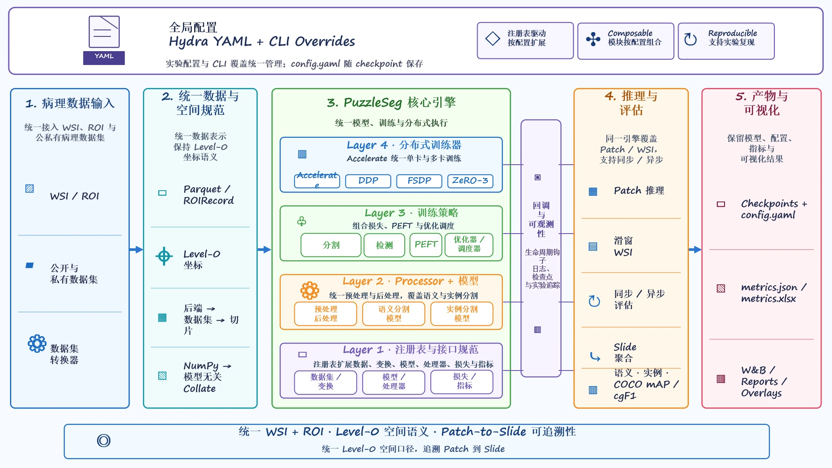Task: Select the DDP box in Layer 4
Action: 368,181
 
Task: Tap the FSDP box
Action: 419,181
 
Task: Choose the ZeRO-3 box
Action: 470,181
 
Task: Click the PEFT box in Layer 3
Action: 426,245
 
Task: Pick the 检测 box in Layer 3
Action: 384,245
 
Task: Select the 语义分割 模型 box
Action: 393,314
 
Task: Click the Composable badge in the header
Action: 626,41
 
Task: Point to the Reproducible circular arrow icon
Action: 690,39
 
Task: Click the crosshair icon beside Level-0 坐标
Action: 164,257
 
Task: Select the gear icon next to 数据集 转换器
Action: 37,344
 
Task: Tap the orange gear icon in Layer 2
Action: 310,290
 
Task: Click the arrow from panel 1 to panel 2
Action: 136,250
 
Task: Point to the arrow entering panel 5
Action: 695,250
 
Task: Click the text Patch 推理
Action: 639,191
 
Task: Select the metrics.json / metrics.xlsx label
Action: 773,293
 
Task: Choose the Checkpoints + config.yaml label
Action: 774,209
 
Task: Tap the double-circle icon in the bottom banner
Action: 104,441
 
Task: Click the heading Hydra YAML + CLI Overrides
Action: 262,42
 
